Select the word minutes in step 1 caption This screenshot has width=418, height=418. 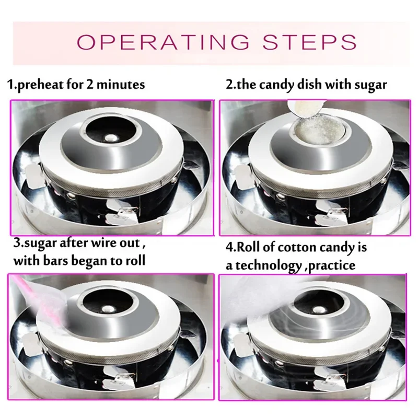click(120, 85)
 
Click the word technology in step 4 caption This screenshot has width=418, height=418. click(266, 265)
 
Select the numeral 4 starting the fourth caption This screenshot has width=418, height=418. click(229, 248)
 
